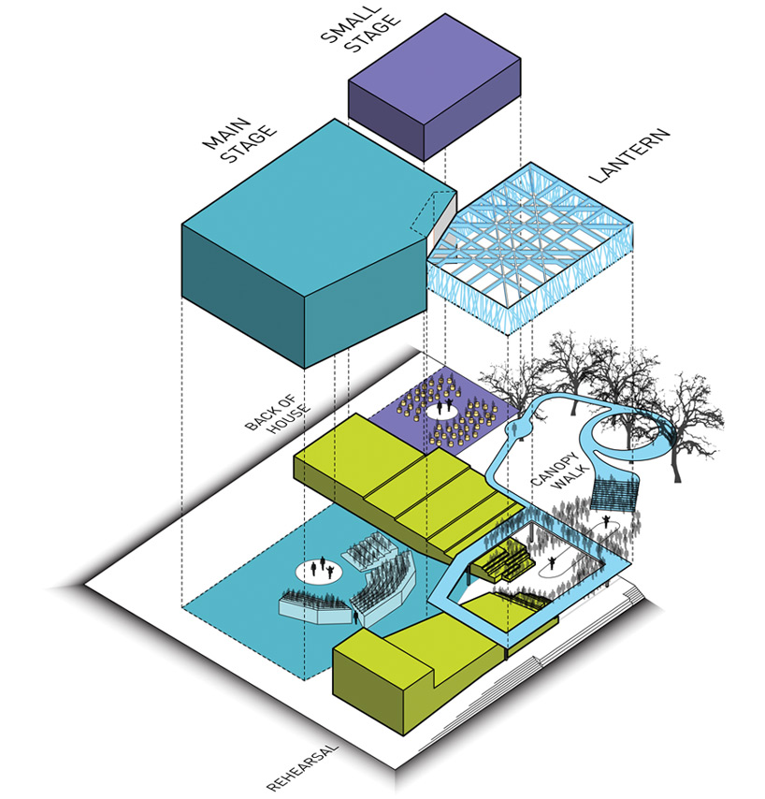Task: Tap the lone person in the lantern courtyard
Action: coord(557,561)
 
